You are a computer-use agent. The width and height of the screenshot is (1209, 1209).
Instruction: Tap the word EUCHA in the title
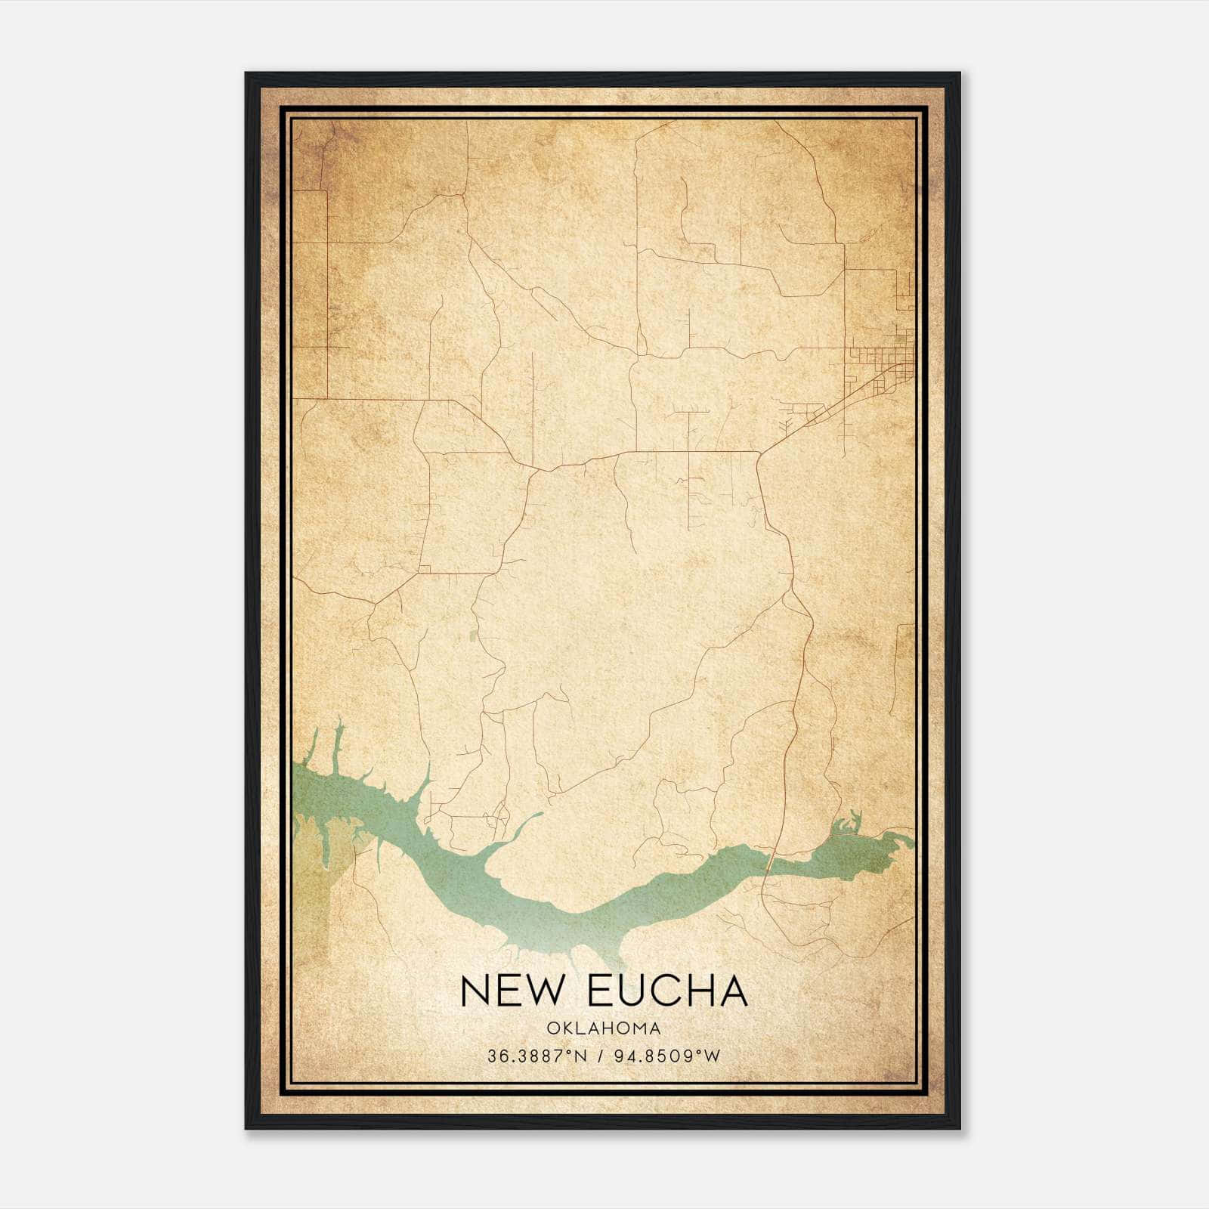[667, 991]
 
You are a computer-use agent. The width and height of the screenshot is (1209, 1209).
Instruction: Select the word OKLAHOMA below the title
[604, 1028]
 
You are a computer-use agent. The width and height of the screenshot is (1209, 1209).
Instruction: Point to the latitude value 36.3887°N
[537, 1056]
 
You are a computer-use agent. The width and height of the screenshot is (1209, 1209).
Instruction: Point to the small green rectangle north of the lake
[474, 637]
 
